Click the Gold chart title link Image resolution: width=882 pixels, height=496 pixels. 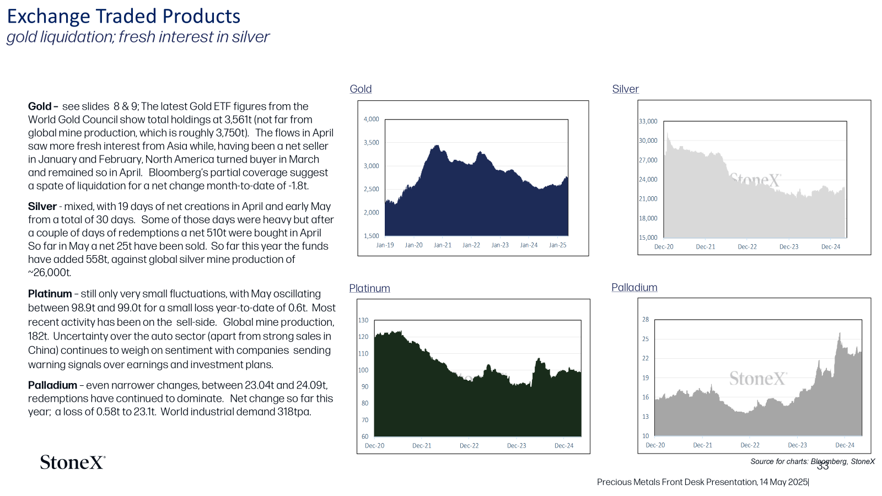point(361,89)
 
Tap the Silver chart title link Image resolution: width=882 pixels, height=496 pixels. point(625,89)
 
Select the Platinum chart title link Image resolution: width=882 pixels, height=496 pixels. point(369,288)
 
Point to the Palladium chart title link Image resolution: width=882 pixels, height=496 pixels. point(634,287)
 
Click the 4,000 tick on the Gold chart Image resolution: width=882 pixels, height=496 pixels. point(372,119)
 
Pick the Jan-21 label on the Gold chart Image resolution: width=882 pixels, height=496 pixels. point(443,245)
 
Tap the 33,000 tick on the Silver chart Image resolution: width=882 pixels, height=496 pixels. point(648,121)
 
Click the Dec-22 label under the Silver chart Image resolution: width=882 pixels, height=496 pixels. point(747,247)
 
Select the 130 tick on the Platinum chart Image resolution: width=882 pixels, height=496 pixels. point(363,320)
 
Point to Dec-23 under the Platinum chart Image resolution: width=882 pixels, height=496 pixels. point(516,446)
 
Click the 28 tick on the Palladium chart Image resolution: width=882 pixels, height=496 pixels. point(646,320)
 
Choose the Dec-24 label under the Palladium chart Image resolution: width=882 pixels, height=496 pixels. point(845,445)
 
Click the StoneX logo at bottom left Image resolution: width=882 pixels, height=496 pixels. point(73,462)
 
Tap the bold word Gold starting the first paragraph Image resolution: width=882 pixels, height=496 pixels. point(40,106)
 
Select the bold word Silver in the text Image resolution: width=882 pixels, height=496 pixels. point(42,206)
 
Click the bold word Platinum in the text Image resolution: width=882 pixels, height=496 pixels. point(50,294)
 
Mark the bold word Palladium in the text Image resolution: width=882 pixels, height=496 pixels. point(52,385)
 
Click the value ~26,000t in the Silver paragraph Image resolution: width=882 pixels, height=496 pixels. point(50,272)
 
